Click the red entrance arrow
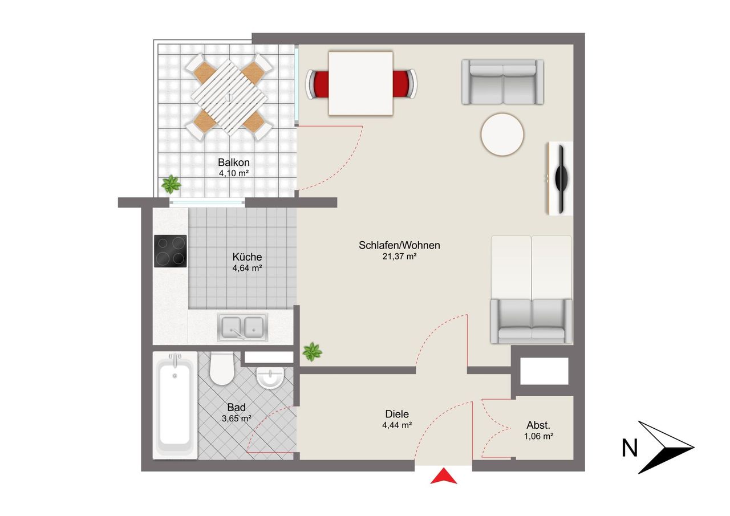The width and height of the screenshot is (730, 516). (444, 476)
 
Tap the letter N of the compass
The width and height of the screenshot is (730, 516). (630, 448)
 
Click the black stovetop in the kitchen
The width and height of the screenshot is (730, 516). (171, 251)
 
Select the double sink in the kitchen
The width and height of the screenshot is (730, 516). (243, 327)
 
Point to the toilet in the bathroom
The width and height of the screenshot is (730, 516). (222, 368)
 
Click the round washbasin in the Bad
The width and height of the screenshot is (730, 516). (270, 378)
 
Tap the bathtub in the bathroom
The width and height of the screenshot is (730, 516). (175, 405)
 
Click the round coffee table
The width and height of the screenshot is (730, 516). (502, 134)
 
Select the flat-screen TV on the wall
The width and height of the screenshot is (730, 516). (561, 178)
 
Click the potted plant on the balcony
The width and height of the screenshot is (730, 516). (171, 184)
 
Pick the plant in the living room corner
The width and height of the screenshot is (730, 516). (312, 352)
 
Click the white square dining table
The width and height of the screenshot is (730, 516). (360, 83)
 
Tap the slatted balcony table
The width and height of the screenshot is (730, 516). (229, 97)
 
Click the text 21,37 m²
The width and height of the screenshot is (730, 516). (400, 257)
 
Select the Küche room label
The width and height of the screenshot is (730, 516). (247, 257)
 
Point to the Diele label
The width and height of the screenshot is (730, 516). (397, 414)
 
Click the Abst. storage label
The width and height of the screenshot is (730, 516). (538, 425)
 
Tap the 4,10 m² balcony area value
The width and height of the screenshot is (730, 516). (234, 173)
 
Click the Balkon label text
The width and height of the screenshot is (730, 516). (234, 162)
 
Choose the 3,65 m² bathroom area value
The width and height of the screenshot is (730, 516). (236, 419)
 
